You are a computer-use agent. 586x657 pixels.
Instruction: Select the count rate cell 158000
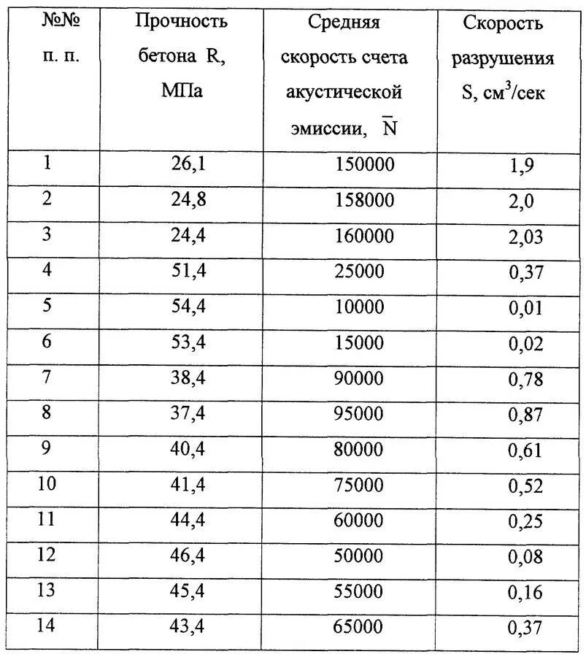point(365,200)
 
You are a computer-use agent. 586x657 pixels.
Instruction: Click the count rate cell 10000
point(359,307)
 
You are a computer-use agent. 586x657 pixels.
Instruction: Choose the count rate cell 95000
point(359,414)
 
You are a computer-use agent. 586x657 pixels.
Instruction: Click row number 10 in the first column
point(46,484)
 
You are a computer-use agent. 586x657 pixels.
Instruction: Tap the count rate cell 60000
point(359,520)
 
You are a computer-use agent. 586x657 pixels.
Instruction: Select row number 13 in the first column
point(46,591)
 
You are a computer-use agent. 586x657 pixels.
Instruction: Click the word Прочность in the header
point(182,21)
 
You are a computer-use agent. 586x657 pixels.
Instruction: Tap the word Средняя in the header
point(344,23)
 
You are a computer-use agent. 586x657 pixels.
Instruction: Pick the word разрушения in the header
point(503,58)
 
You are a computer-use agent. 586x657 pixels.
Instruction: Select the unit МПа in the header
point(182,93)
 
